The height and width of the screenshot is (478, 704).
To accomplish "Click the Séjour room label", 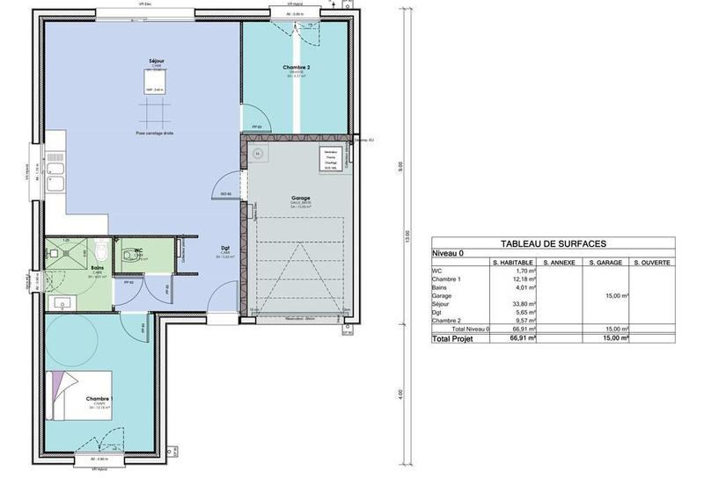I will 157,61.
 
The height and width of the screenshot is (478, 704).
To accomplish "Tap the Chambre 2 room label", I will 296,67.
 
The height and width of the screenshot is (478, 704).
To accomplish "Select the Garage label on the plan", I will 301,199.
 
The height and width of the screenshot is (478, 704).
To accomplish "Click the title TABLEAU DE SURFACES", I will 552,243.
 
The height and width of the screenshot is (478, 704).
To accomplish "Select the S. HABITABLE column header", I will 513,263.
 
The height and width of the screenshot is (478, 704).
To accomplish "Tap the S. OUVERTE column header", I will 650,263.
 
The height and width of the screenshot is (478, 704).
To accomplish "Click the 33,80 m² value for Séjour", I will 525,305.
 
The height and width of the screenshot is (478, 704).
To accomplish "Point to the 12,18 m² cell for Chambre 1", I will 525,280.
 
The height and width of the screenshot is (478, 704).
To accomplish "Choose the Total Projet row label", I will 454,337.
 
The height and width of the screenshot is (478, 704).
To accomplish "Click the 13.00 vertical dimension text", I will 407,237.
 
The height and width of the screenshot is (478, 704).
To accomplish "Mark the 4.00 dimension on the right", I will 402,393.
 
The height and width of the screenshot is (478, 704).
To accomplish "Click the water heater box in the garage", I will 332,161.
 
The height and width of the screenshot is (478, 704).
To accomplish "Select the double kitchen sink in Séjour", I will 54,175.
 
